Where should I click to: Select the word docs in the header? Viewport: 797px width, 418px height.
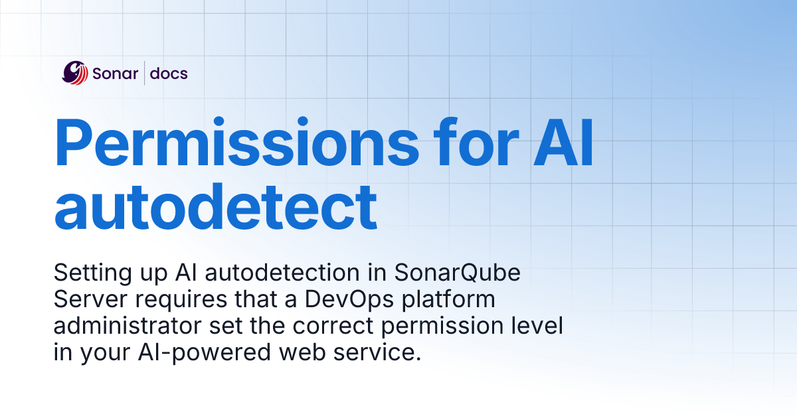pyautogui.click(x=169, y=73)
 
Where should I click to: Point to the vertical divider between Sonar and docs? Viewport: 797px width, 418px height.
pyautogui.click(x=145, y=73)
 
